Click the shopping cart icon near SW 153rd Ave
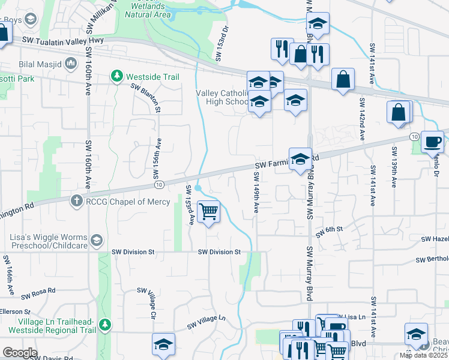208,212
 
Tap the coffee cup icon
432,143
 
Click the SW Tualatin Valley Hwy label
63,40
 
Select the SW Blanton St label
146,97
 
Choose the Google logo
19,353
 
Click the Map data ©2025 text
424,355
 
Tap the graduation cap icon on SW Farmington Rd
300,160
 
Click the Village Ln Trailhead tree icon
106,325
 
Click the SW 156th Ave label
159,155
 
